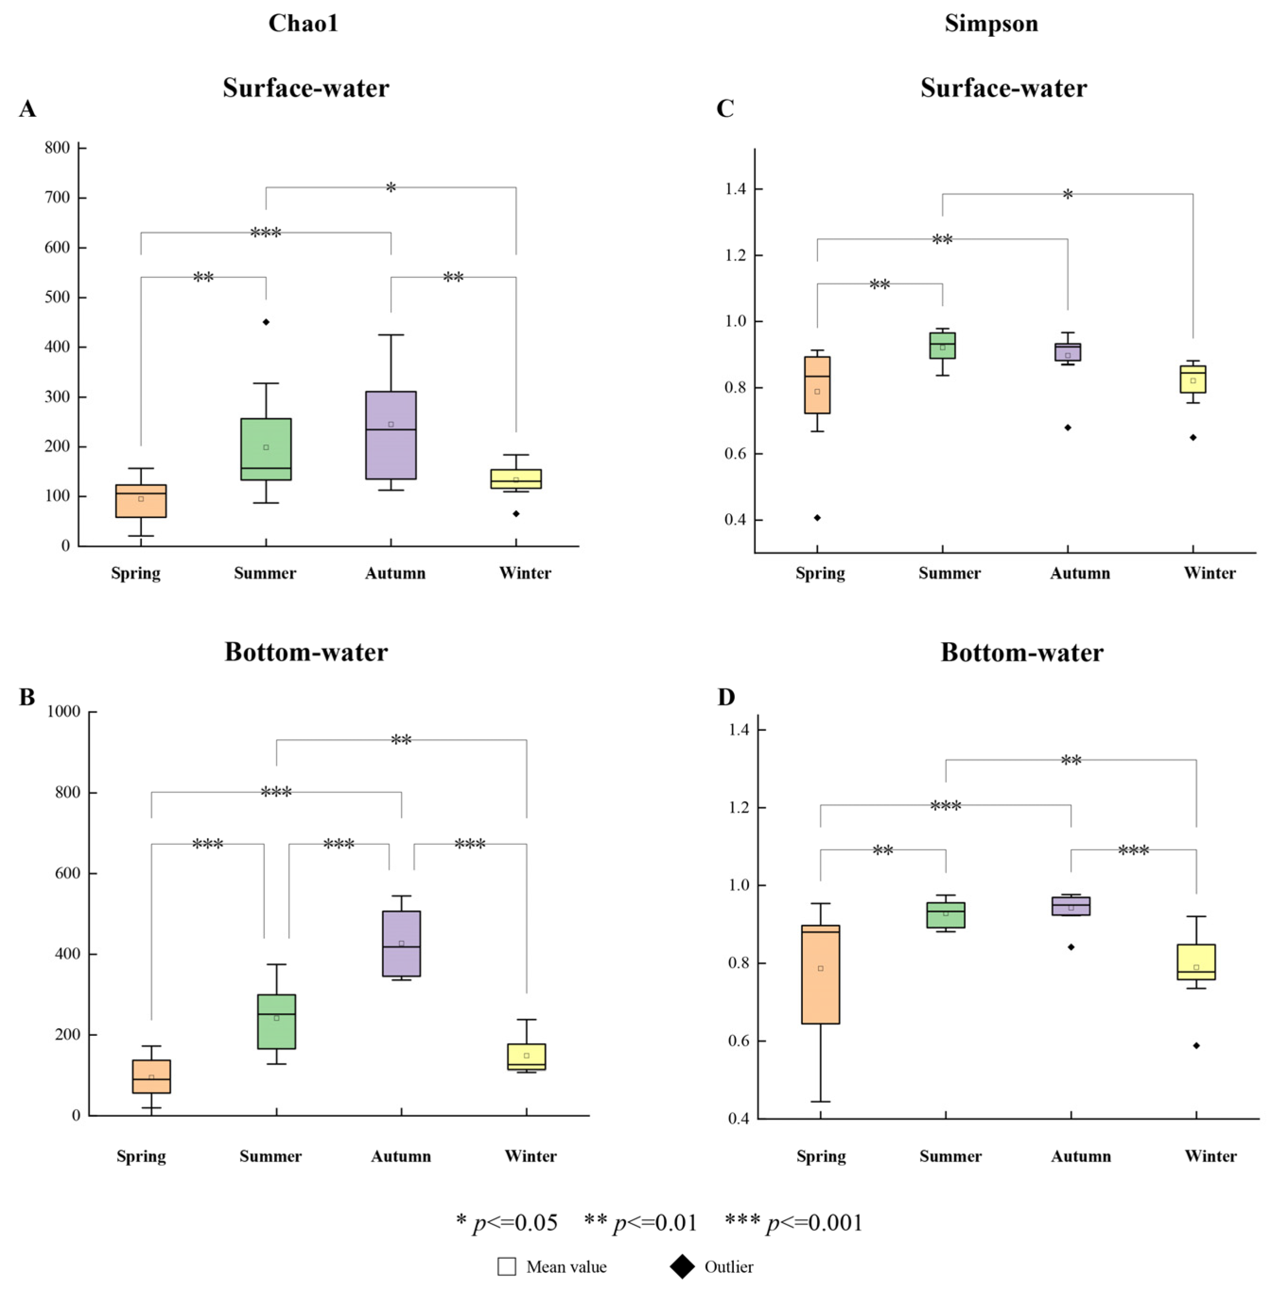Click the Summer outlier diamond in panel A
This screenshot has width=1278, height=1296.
click(x=265, y=322)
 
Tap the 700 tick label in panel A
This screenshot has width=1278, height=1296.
click(x=57, y=197)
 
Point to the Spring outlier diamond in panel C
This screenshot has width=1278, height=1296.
click(x=817, y=517)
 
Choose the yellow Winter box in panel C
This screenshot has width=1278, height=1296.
click(x=1193, y=379)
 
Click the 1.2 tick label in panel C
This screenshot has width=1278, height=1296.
click(x=735, y=255)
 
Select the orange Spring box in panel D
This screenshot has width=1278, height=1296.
click(x=820, y=975)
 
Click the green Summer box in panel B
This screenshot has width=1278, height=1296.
click(x=276, y=1021)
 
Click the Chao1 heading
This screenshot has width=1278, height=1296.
click(x=303, y=24)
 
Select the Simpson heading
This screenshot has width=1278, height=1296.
click(x=991, y=24)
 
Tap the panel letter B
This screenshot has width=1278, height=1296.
click(x=27, y=697)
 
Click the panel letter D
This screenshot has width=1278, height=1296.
click(x=726, y=697)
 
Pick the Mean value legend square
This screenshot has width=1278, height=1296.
click(x=506, y=1267)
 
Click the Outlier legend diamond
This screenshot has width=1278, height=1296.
click(x=682, y=1267)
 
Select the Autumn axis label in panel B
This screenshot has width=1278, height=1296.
click(x=401, y=1156)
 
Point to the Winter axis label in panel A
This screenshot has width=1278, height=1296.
click(x=525, y=573)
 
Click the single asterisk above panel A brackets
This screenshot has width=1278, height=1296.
click(x=391, y=188)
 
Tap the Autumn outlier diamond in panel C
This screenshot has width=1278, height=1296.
click(x=1067, y=427)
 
